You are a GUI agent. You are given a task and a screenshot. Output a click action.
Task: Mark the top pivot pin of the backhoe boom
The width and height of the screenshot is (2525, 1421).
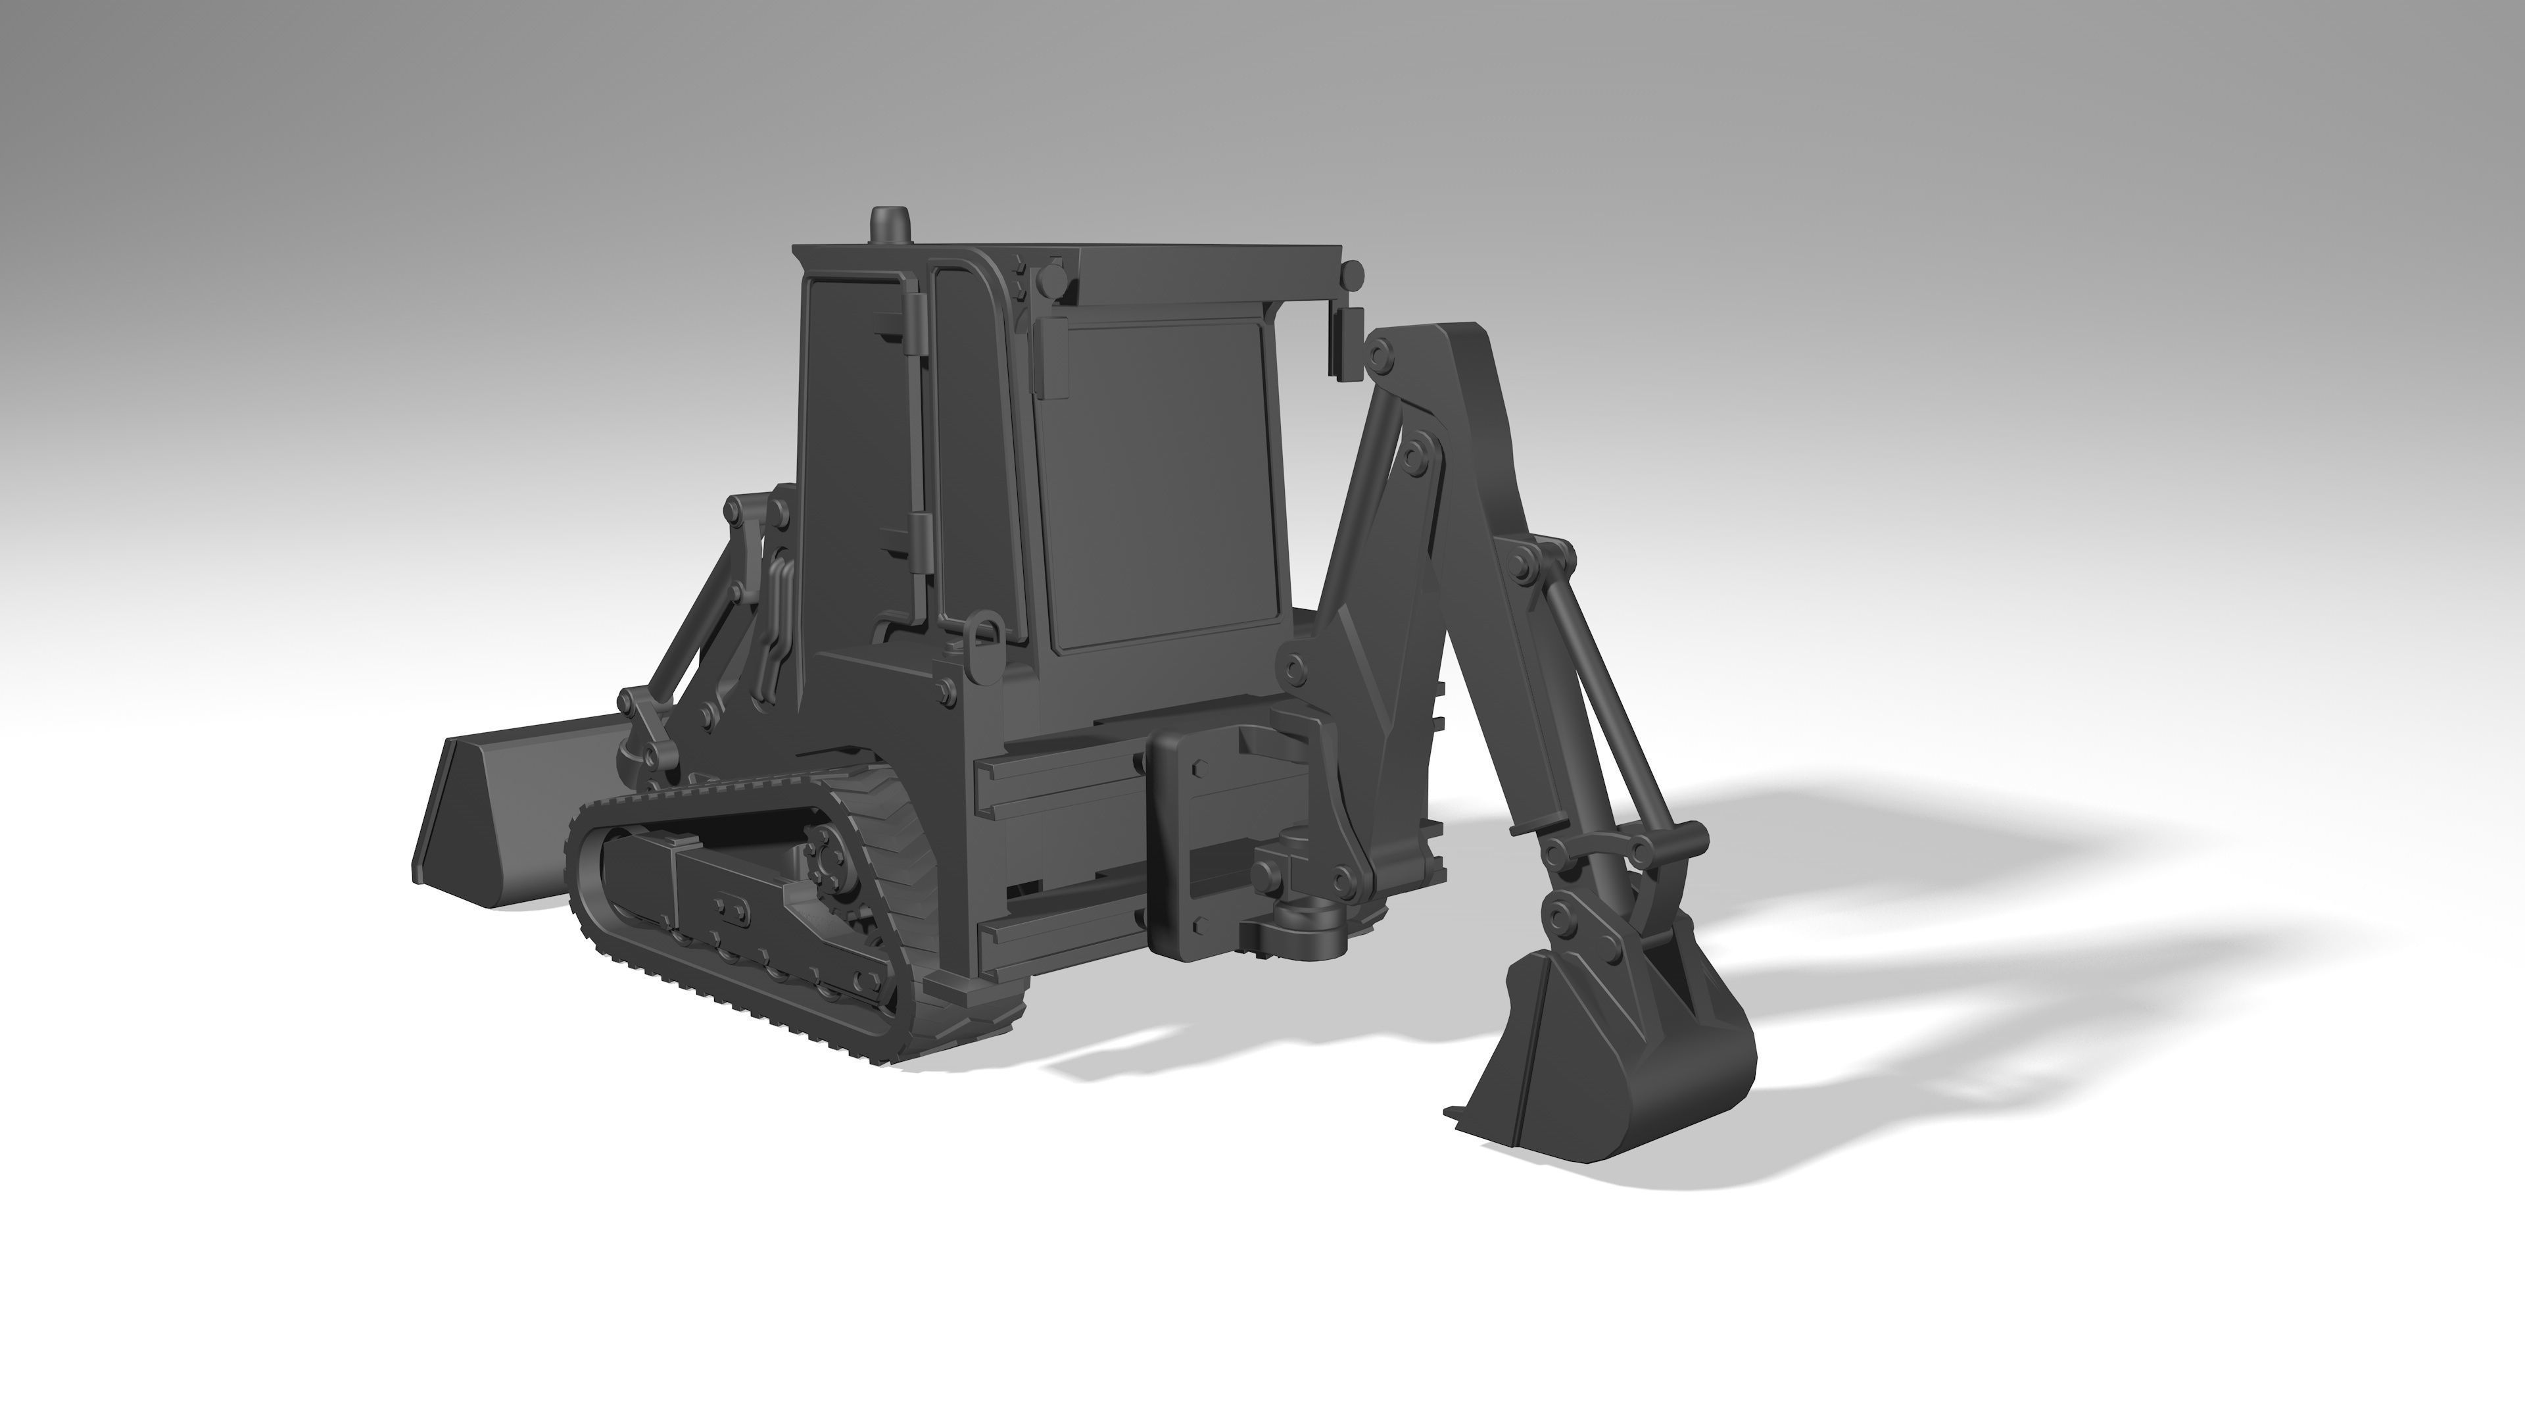tap(1380, 358)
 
